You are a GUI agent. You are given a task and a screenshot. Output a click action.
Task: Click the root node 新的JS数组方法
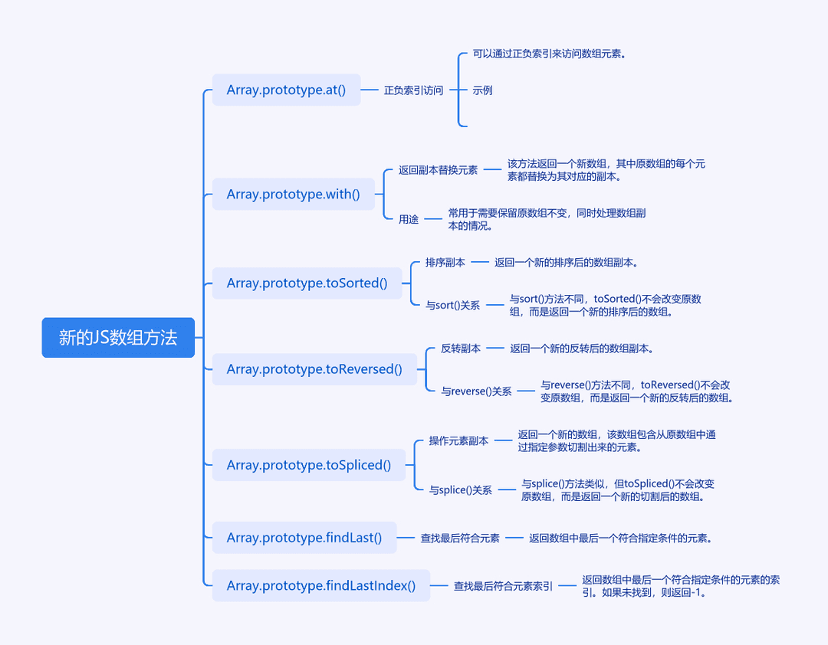coord(118,337)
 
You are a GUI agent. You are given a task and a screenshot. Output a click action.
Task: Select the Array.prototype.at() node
coord(286,90)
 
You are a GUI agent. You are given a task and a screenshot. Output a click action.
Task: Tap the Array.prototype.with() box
coord(294,194)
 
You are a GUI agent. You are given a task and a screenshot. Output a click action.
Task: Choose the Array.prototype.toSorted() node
coord(307,283)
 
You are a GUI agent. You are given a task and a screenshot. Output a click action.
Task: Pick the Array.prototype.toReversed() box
coord(315,369)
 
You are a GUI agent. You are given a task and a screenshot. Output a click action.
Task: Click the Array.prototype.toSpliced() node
coord(309,465)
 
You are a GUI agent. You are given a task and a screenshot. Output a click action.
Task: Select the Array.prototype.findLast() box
coord(304,537)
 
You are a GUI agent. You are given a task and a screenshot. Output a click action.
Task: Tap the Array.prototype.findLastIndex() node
coord(321,585)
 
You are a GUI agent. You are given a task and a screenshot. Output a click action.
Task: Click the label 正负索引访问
coord(413,90)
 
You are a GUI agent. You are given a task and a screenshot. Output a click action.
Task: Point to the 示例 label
coord(483,90)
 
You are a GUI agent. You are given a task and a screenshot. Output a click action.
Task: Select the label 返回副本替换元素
coord(439,170)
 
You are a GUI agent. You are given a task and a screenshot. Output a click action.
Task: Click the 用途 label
coord(409,219)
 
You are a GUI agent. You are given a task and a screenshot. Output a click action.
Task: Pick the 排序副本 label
coord(445,262)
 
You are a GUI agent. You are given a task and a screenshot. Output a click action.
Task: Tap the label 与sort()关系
coord(453,305)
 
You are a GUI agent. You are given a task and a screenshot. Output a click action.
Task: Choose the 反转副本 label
coord(461,349)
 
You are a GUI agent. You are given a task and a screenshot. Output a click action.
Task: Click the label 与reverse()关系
coord(476,391)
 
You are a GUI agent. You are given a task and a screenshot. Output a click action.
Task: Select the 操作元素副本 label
coord(459,440)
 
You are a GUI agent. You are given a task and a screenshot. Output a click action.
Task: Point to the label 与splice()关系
coord(461,489)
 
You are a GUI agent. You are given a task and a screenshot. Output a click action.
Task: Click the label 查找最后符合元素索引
coord(503,586)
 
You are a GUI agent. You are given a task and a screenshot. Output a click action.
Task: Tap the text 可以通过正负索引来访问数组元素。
coord(549,54)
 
